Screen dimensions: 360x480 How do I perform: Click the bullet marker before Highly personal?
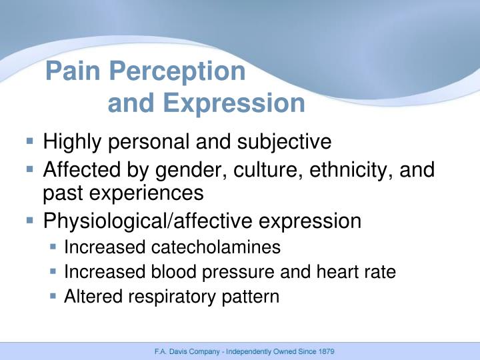31,141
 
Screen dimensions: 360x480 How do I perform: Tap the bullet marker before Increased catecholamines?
53,247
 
